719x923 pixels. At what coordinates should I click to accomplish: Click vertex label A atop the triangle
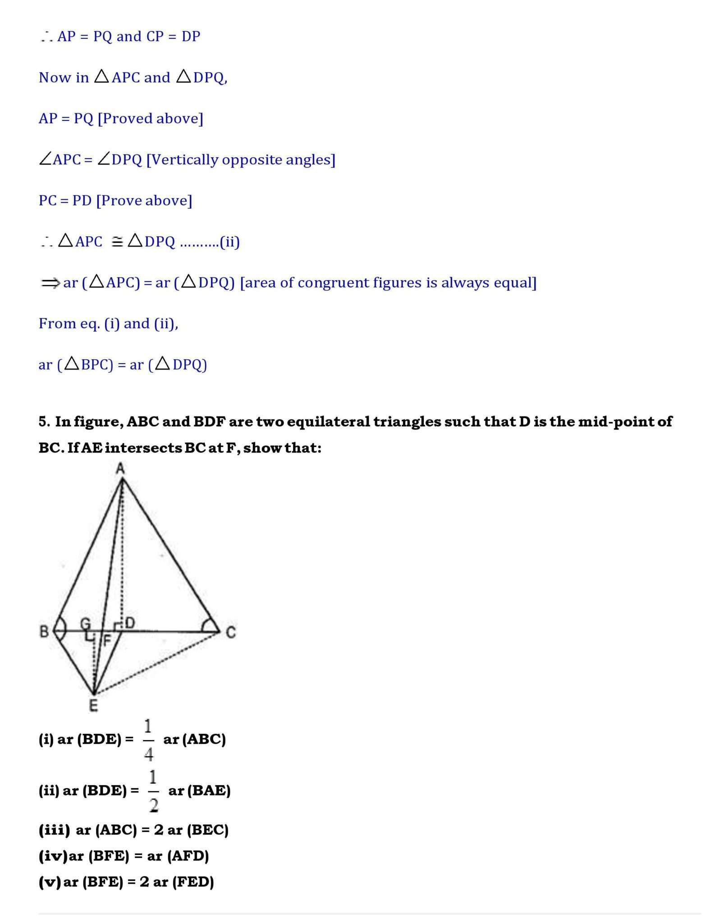click(120, 469)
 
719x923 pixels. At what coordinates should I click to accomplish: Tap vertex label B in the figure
click(44, 631)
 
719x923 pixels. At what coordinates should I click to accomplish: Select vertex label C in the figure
click(230, 633)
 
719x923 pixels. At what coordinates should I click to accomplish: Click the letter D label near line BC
click(130, 623)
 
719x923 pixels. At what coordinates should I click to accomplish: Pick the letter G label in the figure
click(85, 624)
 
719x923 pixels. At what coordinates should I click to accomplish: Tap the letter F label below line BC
click(107, 640)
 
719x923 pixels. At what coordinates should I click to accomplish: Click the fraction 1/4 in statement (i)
click(149, 740)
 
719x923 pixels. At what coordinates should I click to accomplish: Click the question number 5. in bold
click(44, 422)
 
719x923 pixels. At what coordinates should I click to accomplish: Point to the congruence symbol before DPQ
click(117, 242)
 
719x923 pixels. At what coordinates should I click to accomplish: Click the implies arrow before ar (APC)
click(50, 283)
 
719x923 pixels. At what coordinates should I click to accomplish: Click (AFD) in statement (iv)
click(188, 856)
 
